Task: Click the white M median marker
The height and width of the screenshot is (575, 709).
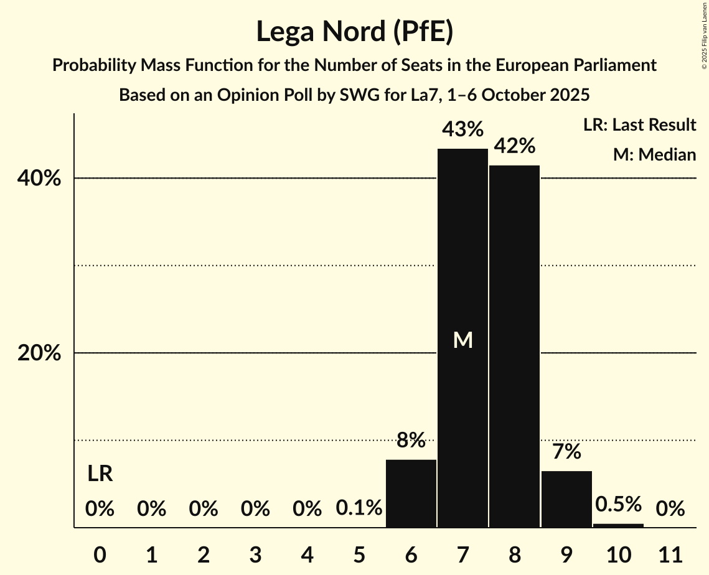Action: [x=462, y=340]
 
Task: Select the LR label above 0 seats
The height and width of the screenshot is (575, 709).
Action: [x=100, y=474]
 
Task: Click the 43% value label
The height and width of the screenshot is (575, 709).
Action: [x=462, y=129]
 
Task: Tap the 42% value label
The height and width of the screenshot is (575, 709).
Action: [x=514, y=146]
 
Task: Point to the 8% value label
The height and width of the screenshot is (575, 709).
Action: [x=411, y=441]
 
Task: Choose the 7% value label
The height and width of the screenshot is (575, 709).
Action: [x=566, y=452]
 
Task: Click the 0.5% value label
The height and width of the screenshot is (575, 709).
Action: [x=618, y=504]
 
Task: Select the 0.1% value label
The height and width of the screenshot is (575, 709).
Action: [x=359, y=508]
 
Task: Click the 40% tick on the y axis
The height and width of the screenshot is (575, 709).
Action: [x=39, y=179]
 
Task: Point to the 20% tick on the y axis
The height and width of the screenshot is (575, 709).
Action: [x=39, y=353]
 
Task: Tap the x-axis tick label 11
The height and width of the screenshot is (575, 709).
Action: [x=670, y=553]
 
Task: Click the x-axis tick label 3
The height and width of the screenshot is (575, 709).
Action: [x=255, y=553]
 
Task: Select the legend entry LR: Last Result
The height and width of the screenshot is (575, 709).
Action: [x=639, y=125]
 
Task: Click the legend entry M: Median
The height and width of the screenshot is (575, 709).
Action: [x=654, y=154]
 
